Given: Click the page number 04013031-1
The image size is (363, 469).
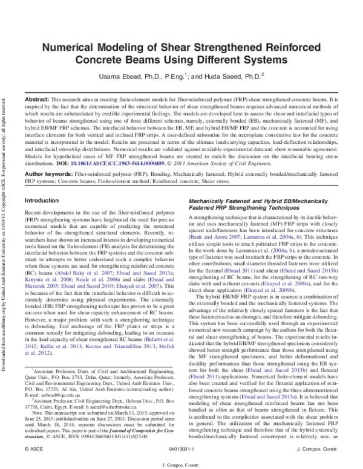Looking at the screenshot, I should coord(181,450).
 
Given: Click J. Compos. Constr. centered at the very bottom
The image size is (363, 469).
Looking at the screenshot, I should coord(181,463).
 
